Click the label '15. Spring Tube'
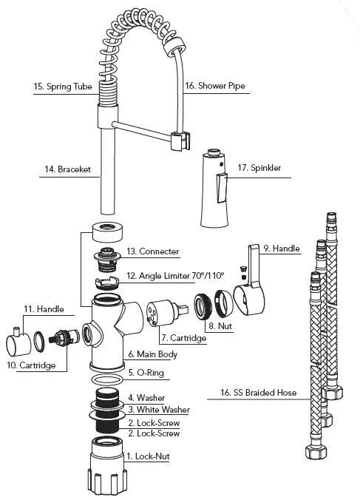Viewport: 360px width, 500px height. pos(63,87)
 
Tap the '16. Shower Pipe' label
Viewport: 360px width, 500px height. pos(215,86)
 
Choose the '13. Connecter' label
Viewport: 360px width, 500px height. pos(153,251)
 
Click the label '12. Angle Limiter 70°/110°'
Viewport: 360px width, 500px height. pos(176,275)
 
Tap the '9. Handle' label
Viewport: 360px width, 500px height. pos(282,249)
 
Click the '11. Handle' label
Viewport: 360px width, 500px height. pos(40,308)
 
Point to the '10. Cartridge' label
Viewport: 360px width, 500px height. pos(32,365)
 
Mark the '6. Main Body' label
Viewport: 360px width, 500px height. pos(152,354)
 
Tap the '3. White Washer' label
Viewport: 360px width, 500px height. pos(158,410)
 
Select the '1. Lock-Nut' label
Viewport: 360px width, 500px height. pos(149,456)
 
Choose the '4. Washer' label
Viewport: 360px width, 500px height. pos(146,398)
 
